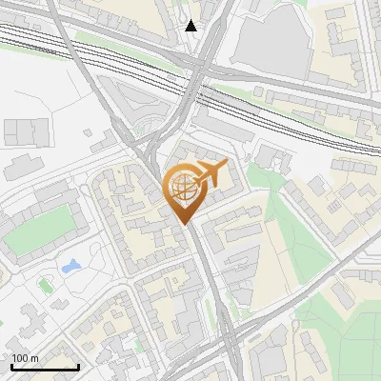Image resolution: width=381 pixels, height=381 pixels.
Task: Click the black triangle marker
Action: click(x=192, y=26)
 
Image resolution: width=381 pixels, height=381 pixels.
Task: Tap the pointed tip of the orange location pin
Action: click(x=184, y=223)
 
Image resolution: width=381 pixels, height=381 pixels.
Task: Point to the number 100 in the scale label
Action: click(x=20, y=358)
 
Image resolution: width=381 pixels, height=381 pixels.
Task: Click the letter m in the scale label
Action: click(x=35, y=358)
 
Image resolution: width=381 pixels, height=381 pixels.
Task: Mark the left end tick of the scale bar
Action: click(x=11, y=366)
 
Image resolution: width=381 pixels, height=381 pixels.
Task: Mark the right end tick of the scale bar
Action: click(x=78, y=366)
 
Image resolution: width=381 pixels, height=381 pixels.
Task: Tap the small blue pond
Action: click(x=70, y=267)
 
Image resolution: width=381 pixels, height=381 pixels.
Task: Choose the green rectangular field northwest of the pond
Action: click(x=38, y=229)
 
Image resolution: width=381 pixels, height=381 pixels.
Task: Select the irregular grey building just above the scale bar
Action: click(x=29, y=324)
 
